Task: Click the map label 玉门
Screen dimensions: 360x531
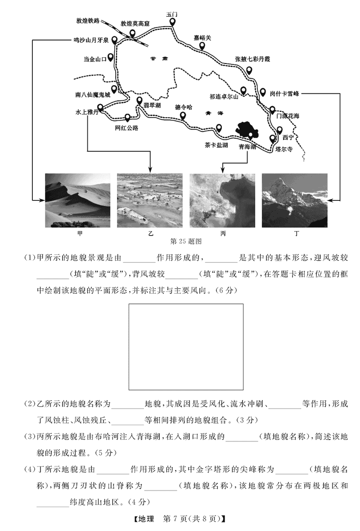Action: (172, 14)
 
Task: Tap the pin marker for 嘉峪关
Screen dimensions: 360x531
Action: (202, 46)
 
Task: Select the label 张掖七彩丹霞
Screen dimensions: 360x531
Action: (253, 59)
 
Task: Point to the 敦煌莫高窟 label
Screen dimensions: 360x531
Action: (135, 24)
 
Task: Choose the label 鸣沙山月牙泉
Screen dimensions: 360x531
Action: (91, 40)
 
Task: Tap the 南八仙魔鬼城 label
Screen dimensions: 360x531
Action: (93, 95)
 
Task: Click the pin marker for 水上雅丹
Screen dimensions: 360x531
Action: (100, 107)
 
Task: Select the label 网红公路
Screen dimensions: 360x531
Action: (127, 128)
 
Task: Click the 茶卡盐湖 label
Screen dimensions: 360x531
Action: (216, 145)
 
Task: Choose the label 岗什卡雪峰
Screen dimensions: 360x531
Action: (284, 94)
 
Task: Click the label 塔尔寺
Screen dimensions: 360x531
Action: (284, 149)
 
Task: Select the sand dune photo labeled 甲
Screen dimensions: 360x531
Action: (78, 200)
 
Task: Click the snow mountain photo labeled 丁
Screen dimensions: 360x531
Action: (295, 200)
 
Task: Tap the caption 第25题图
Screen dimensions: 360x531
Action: (186, 241)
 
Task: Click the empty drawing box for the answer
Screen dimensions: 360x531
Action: (186, 347)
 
